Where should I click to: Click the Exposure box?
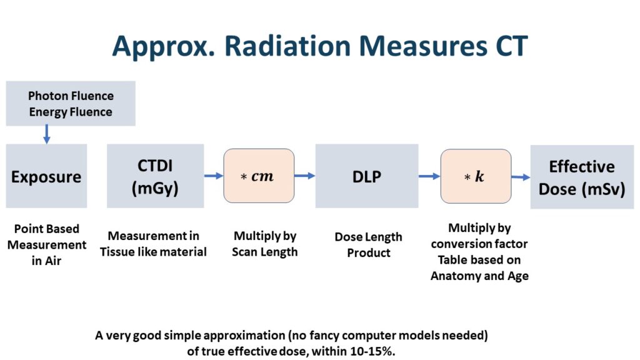pyautogui.click(x=46, y=176)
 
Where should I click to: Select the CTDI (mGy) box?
pyautogui.click(x=155, y=176)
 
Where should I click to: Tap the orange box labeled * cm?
pyautogui.click(x=258, y=176)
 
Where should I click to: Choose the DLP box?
pyautogui.click(x=366, y=176)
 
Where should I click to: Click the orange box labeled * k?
pyautogui.click(x=476, y=176)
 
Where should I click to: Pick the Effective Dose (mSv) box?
pyautogui.click(x=581, y=177)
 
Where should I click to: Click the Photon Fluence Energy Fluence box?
pyautogui.click(x=71, y=104)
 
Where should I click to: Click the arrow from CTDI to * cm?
pyautogui.click(x=213, y=176)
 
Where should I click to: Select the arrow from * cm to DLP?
pyautogui.click(x=304, y=176)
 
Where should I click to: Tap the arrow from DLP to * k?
pyautogui.click(x=429, y=176)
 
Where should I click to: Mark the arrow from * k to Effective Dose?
pyautogui.click(x=521, y=177)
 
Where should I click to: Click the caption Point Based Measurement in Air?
pyautogui.click(x=46, y=244)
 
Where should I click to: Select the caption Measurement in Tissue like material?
pyautogui.click(x=154, y=244)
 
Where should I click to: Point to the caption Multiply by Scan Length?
pyautogui.click(x=265, y=244)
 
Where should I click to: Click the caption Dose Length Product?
pyautogui.click(x=368, y=244)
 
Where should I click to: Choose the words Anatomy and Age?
pyautogui.click(x=479, y=276)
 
